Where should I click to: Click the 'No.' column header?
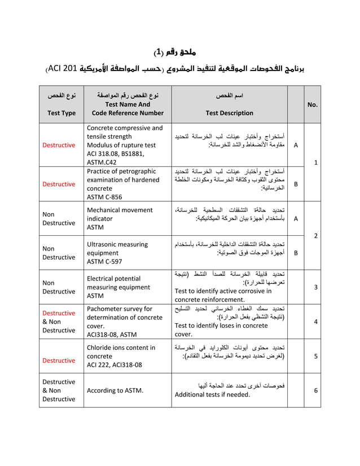click(312, 104)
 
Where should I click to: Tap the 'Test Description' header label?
click(229, 113)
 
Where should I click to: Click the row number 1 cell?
click(315, 162)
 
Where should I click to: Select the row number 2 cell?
click(315, 235)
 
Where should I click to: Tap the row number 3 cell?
click(315, 287)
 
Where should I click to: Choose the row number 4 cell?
click(315, 321)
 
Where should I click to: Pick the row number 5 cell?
click(315, 356)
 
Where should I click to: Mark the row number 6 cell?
click(315, 390)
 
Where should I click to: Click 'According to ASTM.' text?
click(115, 390)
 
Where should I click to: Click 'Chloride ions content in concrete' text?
click(121, 352)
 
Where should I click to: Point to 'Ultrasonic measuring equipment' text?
click(117, 248)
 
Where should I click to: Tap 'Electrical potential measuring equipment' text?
click(121, 283)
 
